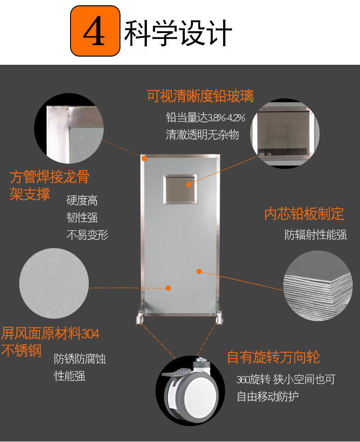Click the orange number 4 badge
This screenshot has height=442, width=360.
click(x=96, y=31)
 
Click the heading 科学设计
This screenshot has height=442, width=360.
click(x=178, y=33)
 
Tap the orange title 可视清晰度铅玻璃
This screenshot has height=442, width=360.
click(x=201, y=96)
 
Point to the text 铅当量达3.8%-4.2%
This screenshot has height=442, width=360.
click(x=205, y=117)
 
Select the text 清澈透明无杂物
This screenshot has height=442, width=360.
click(x=203, y=134)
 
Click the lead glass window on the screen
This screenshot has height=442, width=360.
click(x=180, y=189)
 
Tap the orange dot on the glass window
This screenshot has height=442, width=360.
click(x=189, y=185)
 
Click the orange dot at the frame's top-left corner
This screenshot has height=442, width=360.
click(x=144, y=158)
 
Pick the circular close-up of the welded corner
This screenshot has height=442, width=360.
click(x=69, y=129)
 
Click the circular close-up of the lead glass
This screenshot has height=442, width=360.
click(x=285, y=133)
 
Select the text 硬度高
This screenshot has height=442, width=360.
click(x=82, y=201)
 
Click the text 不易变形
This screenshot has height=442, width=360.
click(x=87, y=235)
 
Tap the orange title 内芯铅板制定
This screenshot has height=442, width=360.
click(x=304, y=214)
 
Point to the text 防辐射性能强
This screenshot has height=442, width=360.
click(x=315, y=235)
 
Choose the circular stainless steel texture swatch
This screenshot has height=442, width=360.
click(x=54, y=283)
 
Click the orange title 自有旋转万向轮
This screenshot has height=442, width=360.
click(x=274, y=357)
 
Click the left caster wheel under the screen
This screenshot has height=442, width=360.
click(x=140, y=319)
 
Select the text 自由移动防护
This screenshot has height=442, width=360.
click(x=268, y=396)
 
